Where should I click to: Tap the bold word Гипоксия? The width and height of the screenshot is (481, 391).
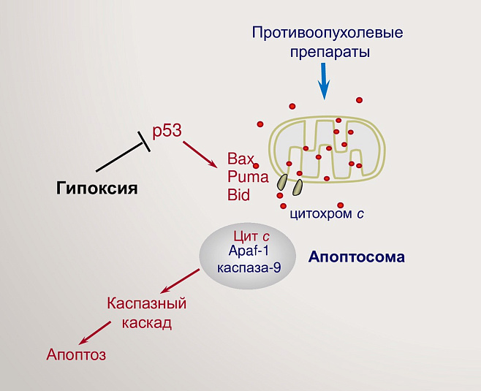click(x=97, y=189)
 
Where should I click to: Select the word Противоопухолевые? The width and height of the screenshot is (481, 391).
click(x=327, y=33)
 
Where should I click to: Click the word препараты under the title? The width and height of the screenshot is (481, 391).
click(x=327, y=53)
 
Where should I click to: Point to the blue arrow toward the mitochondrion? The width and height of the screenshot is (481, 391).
click(x=322, y=80)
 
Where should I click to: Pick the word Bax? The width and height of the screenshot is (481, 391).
click(x=240, y=159)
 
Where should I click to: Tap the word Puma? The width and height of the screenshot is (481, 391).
click(x=248, y=177)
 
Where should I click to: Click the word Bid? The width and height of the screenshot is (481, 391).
click(x=238, y=195)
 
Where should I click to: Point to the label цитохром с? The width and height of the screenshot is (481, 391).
click(x=327, y=214)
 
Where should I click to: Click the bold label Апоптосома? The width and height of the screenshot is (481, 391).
click(x=356, y=257)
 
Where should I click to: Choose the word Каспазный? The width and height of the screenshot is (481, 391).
click(x=146, y=303)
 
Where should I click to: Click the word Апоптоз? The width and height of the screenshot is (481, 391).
click(x=76, y=355)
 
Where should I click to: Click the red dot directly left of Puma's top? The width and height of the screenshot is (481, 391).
click(x=257, y=166)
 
